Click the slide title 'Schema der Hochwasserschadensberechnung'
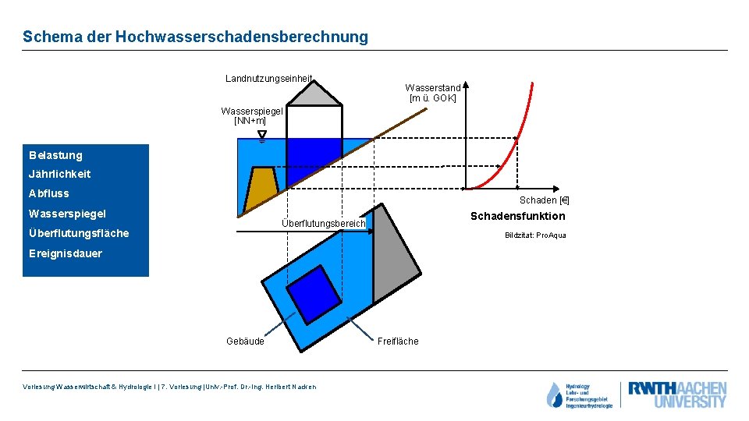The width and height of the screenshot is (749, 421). [195, 37]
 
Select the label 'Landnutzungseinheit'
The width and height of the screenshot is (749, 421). [268, 78]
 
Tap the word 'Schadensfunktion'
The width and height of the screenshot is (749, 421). [517, 216]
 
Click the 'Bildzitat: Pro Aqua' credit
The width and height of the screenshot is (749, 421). [535, 235]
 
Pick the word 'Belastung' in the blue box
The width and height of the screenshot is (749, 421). [55, 155]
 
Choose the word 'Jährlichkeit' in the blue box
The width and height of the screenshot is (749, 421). [59, 174]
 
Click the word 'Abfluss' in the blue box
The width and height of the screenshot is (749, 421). [48, 193]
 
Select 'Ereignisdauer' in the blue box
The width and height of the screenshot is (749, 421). [66, 253]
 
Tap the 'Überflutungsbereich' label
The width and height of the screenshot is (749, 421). [323, 224]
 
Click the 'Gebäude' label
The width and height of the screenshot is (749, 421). [245, 341]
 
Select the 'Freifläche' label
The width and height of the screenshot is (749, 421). [398, 341]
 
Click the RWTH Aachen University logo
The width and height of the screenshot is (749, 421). [676, 394]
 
